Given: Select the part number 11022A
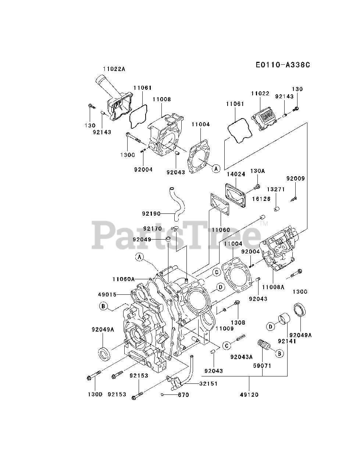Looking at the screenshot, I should click(x=114, y=68).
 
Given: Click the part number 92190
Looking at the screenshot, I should click(x=152, y=213).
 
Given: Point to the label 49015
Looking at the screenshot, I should click(x=107, y=294).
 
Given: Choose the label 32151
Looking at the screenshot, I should click(x=208, y=383).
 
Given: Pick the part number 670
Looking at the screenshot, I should click(x=183, y=395).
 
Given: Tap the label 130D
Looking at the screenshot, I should click(x=94, y=394).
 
